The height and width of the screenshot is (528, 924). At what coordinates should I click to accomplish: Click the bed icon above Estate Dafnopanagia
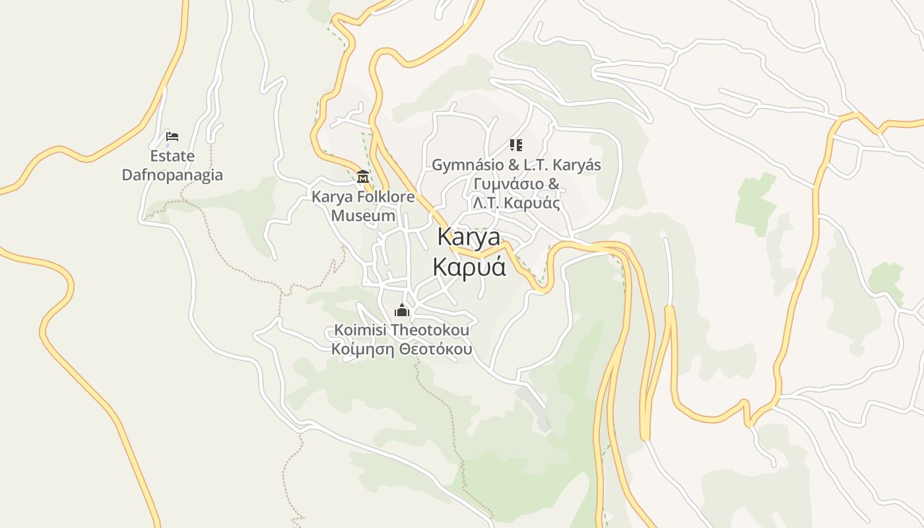172,137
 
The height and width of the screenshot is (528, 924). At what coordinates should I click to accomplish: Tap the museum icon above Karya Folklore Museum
362,177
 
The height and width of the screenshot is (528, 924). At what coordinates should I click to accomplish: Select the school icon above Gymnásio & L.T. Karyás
516,145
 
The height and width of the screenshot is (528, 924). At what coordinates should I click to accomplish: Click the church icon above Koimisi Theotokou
401,310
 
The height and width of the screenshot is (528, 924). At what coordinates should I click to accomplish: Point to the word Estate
172,156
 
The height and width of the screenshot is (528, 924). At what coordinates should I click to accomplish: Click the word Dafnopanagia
172,176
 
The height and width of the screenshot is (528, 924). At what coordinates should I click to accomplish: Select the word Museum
363,216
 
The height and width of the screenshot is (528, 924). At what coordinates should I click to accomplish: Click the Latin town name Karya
469,236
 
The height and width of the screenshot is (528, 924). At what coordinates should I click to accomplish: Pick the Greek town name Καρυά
469,266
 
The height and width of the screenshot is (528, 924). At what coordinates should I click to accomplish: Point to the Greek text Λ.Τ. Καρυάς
516,203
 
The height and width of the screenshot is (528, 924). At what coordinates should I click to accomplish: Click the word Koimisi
360,329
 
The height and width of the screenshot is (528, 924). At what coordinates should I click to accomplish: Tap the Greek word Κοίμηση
361,348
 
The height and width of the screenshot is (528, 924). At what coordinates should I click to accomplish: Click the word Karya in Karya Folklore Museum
332,197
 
